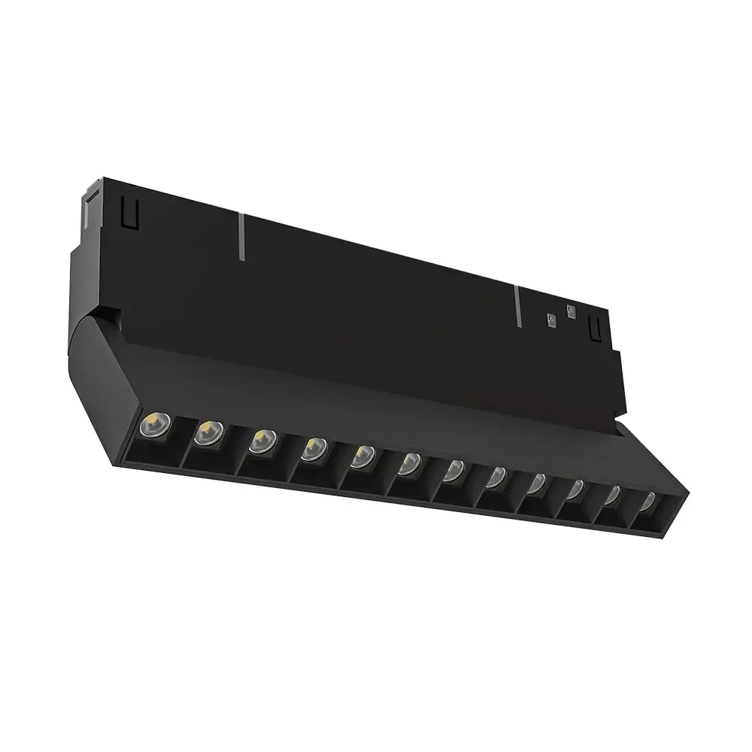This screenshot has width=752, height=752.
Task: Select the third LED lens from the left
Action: tap(262, 440)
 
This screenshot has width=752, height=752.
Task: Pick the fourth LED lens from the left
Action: tap(313, 449)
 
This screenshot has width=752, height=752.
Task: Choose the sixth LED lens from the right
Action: tap(454, 472)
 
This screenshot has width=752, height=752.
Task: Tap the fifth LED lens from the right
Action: tap(497, 478)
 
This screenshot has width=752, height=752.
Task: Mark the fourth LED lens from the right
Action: tap(537, 484)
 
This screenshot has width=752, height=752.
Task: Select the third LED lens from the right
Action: tap(575, 490)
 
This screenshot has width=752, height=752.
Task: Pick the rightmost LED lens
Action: tap(647, 502)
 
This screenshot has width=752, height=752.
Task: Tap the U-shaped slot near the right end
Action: tap(595, 327)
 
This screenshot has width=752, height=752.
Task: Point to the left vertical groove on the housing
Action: tap(242, 236)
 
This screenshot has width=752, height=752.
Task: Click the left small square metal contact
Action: tap(551, 320)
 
